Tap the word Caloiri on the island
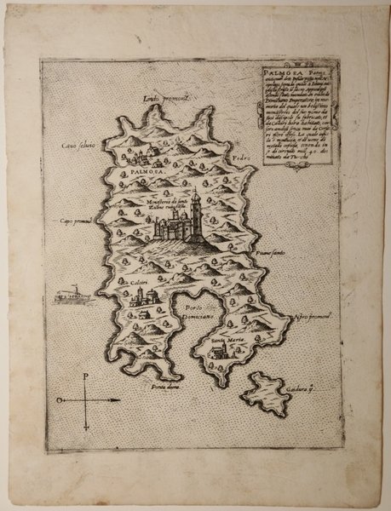[140, 282]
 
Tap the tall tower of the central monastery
[195, 206]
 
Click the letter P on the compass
[87, 376]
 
